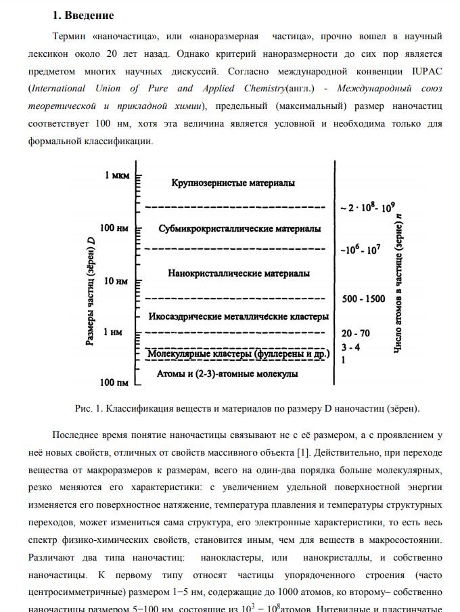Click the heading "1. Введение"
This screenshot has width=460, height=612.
[83, 16]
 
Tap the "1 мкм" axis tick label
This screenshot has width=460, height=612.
[116, 176]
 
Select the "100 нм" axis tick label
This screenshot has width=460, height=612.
[114, 228]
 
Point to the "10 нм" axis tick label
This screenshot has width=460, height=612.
[116, 280]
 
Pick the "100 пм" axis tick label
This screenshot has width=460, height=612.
[114, 383]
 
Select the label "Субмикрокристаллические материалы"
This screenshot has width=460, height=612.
[239, 229]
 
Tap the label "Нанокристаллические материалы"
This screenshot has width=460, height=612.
[239, 274]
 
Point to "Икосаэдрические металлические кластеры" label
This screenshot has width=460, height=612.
[238, 316]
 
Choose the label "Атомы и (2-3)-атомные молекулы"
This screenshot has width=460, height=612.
[227, 374]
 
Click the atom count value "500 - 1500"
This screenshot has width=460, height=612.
[363, 299]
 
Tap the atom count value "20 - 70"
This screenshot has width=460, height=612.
[356, 333]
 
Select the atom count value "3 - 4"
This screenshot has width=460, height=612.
[350, 347]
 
